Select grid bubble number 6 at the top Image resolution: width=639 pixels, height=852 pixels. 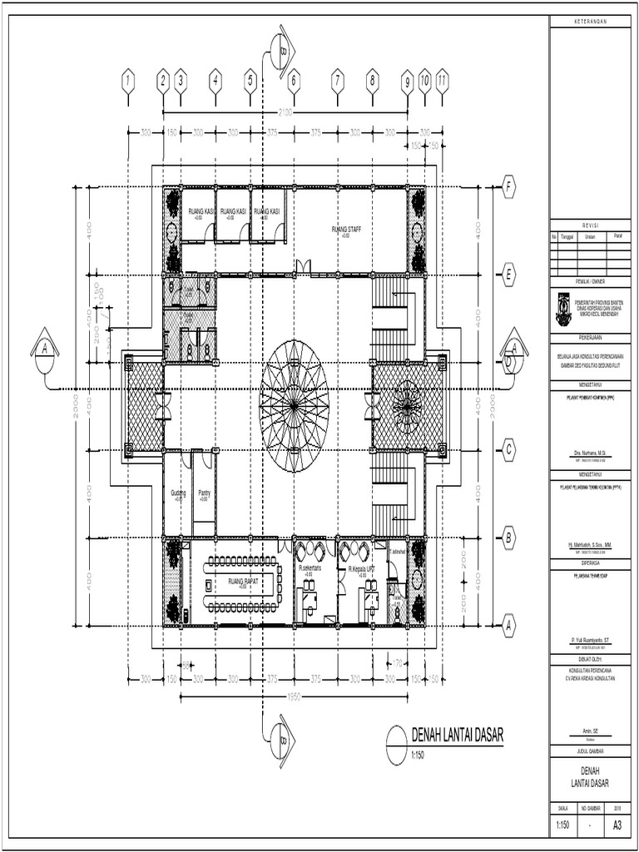(x=293, y=81)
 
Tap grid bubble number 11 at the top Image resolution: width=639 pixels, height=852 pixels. (x=442, y=81)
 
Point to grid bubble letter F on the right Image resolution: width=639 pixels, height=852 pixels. (x=508, y=189)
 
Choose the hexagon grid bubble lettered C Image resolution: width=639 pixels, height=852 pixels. (x=508, y=450)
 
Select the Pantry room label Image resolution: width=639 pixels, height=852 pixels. (x=204, y=493)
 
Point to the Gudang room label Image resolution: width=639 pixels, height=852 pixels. (x=178, y=493)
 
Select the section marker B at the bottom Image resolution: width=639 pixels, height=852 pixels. (x=283, y=736)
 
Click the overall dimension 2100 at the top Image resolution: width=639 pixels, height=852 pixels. (x=287, y=111)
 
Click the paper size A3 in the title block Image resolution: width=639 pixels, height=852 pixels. (x=617, y=826)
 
